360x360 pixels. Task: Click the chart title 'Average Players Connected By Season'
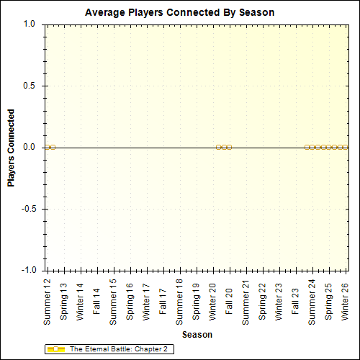coord(179,12)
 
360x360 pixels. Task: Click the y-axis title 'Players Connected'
coord(11,148)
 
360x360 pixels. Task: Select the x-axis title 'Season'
coord(197,335)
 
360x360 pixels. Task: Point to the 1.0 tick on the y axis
coord(30,24)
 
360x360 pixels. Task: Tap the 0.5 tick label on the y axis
coord(30,86)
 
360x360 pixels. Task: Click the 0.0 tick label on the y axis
coord(30,147)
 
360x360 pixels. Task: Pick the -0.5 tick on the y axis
coord(28,209)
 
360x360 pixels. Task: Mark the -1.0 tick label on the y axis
coord(28,270)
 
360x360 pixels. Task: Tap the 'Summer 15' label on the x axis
coord(113,300)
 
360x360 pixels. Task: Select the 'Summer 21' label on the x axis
coord(246,300)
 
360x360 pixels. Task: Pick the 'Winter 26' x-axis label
coord(345,302)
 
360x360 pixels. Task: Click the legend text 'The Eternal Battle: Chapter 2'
coord(118,349)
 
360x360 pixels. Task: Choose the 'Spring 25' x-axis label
coord(328,302)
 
